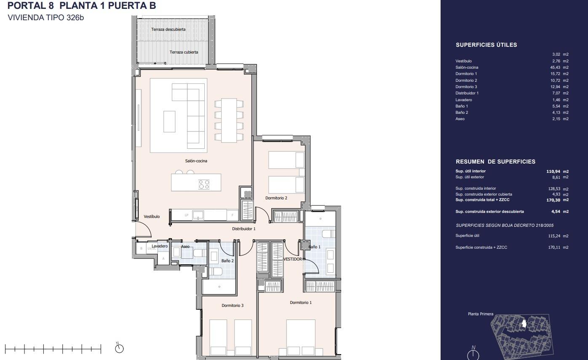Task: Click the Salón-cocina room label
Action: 196,161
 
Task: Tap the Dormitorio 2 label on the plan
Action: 276,198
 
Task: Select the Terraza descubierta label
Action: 168,30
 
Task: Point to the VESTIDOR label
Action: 292,259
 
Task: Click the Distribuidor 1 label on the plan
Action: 243,229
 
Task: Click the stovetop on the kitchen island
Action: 204,184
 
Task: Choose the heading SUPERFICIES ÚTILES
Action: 486,45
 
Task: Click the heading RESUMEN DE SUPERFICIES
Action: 495,162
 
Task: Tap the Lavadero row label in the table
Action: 463,100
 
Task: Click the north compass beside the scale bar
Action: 120,348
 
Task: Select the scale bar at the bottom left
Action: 53,349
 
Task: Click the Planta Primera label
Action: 480,314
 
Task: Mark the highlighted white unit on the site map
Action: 524,324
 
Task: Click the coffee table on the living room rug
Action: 169,121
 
